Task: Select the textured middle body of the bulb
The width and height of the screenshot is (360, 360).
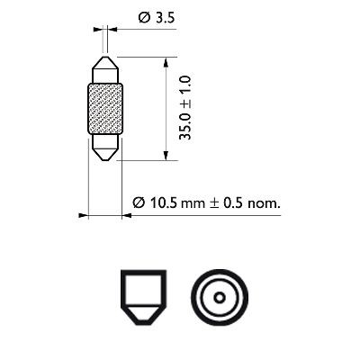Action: [x=105, y=109]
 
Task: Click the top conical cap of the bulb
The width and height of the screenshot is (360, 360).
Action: [x=105, y=69]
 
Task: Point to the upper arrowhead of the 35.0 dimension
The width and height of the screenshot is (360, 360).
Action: [x=165, y=61]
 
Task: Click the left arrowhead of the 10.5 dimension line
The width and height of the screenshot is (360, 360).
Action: [x=83, y=215]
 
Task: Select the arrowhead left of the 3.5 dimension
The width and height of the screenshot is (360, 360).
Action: [x=98, y=29]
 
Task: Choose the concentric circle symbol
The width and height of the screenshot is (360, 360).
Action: [x=217, y=298]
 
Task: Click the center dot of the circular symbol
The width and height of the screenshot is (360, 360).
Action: [x=217, y=298]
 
